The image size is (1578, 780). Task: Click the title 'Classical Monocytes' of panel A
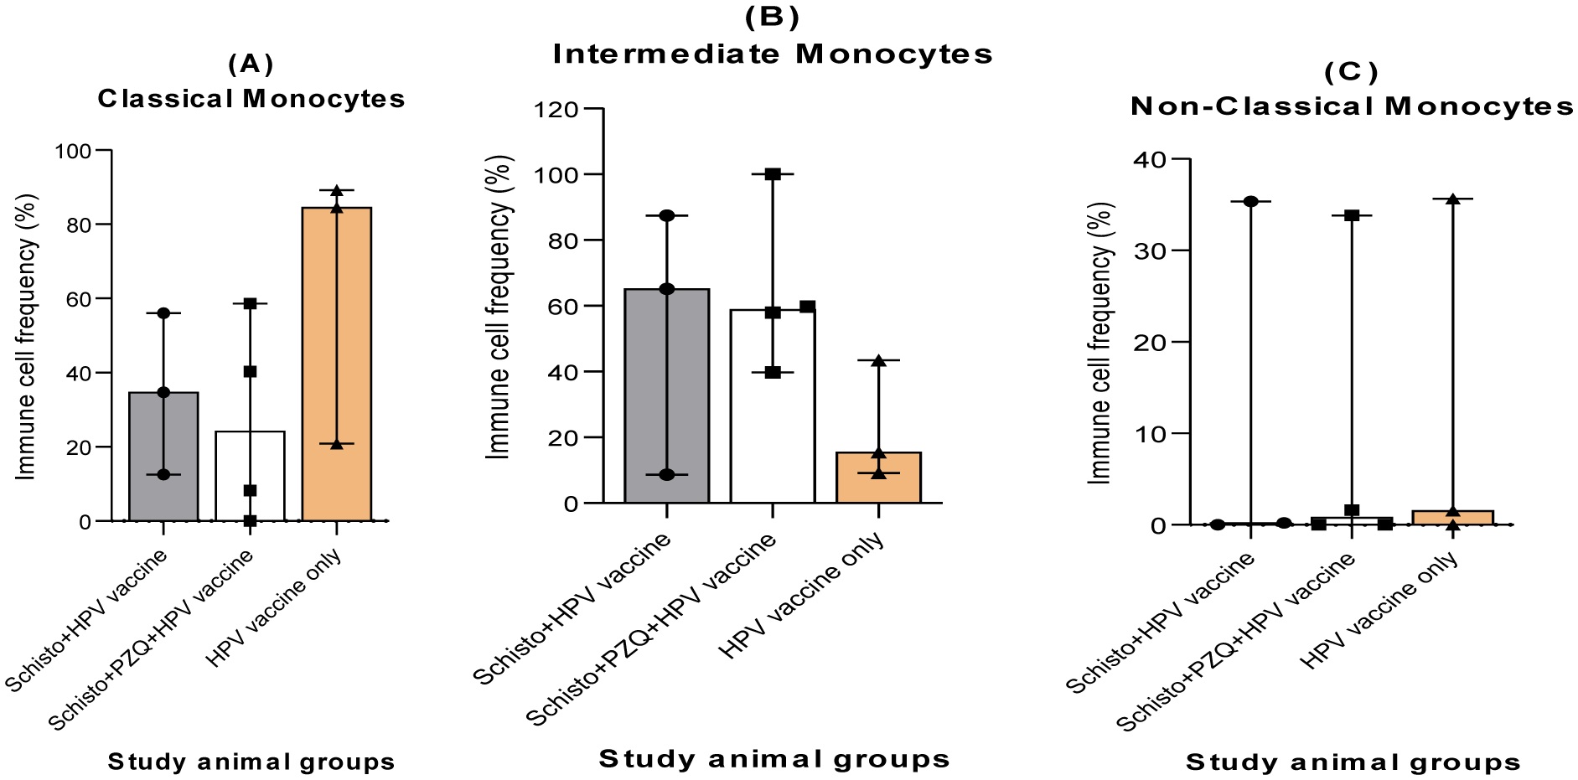(x=251, y=99)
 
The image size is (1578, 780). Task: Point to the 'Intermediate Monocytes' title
(x=773, y=54)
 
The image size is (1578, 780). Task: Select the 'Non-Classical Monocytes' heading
(x=1352, y=106)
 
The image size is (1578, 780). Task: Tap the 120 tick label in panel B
(x=558, y=109)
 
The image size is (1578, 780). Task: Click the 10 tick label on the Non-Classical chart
(x=1150, y=433)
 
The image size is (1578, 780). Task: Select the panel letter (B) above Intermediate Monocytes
(x=772, y=18)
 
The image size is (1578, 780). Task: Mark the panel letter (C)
(x=1351, y=73)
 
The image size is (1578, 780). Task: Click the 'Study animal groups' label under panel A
(x=251, y=762)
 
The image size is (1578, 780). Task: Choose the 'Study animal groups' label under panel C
(x=1353, y=762)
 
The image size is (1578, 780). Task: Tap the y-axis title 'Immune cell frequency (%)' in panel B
(x=499, y=307)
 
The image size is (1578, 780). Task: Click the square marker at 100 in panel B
(x=773, y=174)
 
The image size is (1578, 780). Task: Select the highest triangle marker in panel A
(x=336, y=190)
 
